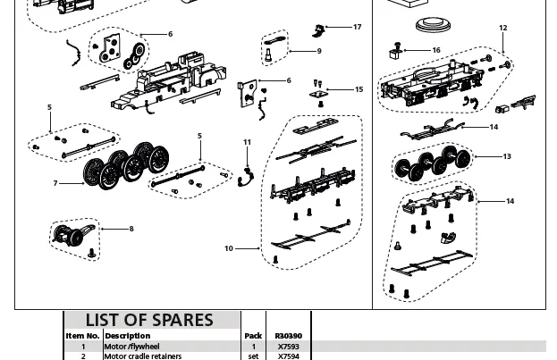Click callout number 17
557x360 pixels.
tap(357, 27)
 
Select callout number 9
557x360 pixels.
tap(318, 51)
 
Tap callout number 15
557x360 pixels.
tap(359, 89)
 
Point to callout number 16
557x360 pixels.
tap(435, 51)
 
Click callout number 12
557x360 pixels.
tap(502, 29)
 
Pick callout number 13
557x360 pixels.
tap(507, 156)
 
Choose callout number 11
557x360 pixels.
tap(248, 142)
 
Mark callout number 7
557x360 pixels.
tap(55, 183)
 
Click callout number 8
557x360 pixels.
tap(131, 229)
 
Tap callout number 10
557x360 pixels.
tap(229, 248)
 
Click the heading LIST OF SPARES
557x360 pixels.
tap(149, 320)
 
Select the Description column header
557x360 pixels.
tap(128, 336)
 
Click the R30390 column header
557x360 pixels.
tap(288, 336)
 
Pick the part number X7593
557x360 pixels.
tap(288, 347)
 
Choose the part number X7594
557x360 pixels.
tap(288, 356)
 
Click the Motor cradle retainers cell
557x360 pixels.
tap(143, 356)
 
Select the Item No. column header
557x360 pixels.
tap(83, 336)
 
